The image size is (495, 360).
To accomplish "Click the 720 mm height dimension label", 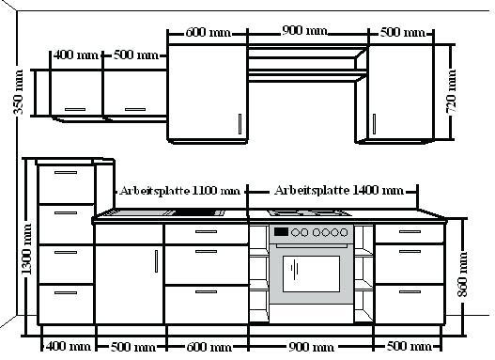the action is (x=451, y=91).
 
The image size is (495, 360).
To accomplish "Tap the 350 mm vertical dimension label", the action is (x=18, y=92).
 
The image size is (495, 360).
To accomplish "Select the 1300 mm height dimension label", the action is (x=26, y=249).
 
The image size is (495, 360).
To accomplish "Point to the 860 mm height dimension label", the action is (x=463, y=274).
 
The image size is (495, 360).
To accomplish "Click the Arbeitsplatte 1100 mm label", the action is (x=180, y=191).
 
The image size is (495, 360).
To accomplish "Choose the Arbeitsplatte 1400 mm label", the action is (x=339, y=191).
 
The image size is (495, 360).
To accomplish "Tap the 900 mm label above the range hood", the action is (x=304, y=31).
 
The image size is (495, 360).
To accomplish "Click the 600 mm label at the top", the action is (x=209, y=32).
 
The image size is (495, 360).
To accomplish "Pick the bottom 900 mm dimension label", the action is (x=311, y=347).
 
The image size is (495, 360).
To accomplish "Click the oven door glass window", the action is (x=311, y=274).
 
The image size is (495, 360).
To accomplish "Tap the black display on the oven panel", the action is (x=281, y=232).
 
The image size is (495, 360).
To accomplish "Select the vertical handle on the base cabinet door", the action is (x=156, y=261).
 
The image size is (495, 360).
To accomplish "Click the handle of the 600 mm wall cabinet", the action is (x=240, y=124).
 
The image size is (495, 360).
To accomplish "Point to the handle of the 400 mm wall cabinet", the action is (x=75, y=110).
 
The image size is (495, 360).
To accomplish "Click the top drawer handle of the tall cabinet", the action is (x=66, y=172).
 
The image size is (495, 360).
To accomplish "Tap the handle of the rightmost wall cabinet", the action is (x=375, y=124).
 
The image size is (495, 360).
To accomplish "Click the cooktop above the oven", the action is (x=310, y=212).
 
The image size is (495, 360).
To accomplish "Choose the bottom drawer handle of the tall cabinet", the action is (x=66, y=292).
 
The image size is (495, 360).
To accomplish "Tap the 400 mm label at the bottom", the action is (x=69, y=347).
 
